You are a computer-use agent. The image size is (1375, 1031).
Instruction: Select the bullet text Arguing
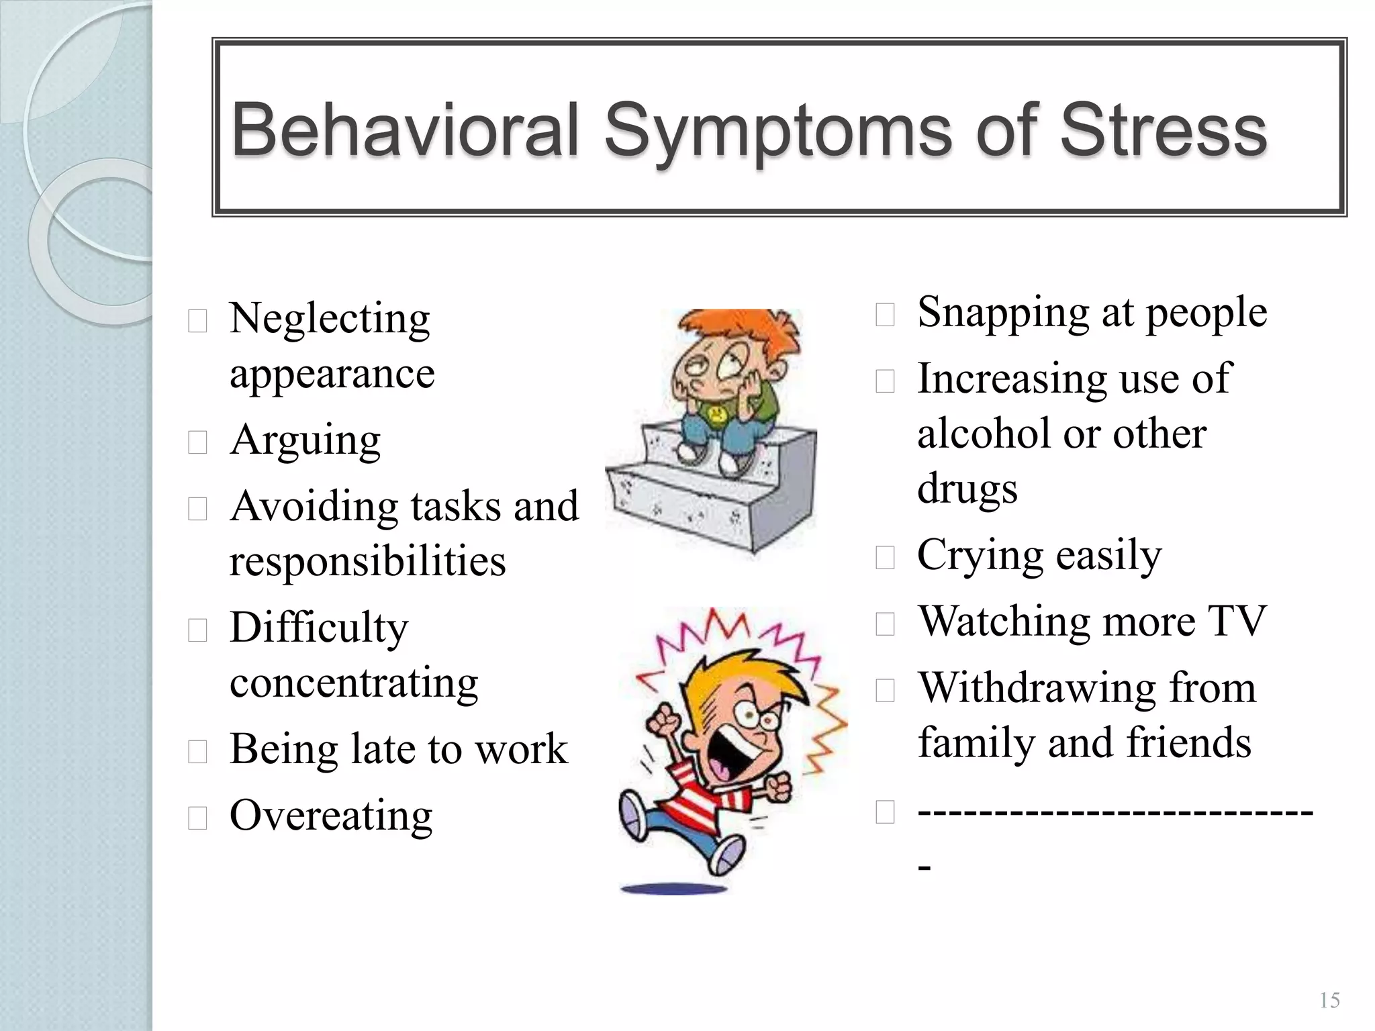coord(305,441)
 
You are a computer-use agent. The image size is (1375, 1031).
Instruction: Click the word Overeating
coord(330,816)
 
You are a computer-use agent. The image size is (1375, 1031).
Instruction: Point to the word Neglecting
coord(329,320)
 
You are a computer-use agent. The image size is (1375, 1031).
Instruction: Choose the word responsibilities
coord(367,561)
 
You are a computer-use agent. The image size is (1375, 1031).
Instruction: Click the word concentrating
coord(354,683)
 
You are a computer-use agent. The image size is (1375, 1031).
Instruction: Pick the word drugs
coord(967,489)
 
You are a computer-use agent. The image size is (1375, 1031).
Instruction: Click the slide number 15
coord(1329,1001)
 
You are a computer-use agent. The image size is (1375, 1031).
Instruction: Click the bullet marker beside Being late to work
coord(197,752)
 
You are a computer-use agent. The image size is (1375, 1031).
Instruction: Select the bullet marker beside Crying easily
coord(885,557)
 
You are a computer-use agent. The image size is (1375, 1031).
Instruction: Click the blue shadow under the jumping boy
coord(673,890)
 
